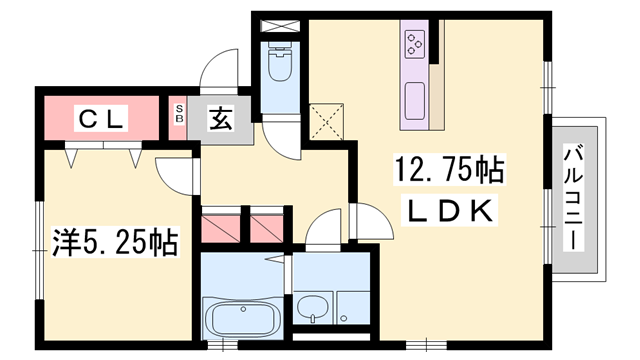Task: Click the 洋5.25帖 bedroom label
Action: [x=115, y=240]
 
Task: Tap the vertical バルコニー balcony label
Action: [x=577, y=198]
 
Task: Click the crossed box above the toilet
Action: [x=279, y=23]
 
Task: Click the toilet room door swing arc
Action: [x=284, y=135]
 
